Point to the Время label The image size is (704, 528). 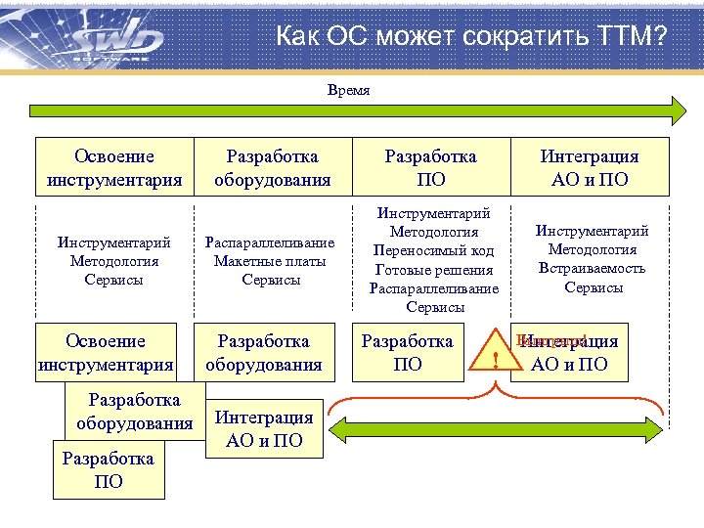click(348, 90)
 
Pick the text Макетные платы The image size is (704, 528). click(269, 261)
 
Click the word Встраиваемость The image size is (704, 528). click(592, 269)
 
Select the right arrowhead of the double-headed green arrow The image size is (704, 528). click(676, 431)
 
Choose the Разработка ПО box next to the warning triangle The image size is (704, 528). click(408, 352)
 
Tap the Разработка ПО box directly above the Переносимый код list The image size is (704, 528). click(430, 168)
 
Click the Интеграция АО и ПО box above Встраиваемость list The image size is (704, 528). click(590, 168)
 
